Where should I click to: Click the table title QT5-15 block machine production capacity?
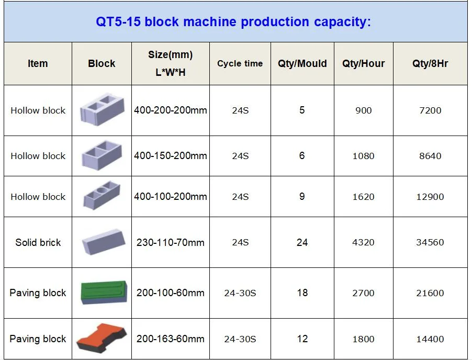click(233, 22)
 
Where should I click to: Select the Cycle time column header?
click(240, 63)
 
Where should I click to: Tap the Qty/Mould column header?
click(302, 63)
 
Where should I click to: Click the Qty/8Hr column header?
click(430, 63)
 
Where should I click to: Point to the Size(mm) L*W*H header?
click(171, 63)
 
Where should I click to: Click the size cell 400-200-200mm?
click(171, 110)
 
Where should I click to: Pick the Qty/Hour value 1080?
click(363, 156)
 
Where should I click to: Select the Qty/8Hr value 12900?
click(430, 197)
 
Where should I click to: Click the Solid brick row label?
click(38, 242)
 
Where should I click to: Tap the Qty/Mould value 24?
click(302, 242)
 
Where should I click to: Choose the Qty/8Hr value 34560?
click(430, 242)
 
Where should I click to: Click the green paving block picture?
click(104, 292)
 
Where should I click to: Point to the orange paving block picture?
click(102, 337)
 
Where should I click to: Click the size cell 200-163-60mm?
click(171, 339)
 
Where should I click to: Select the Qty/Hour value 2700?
click(363, 293)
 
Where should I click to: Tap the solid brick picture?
click(104, 242)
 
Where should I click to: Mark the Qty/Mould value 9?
click(302, 196)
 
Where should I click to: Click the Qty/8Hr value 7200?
click(430, 110)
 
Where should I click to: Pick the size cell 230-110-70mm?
click(171, 242)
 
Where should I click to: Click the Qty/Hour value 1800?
click(363, 339)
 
